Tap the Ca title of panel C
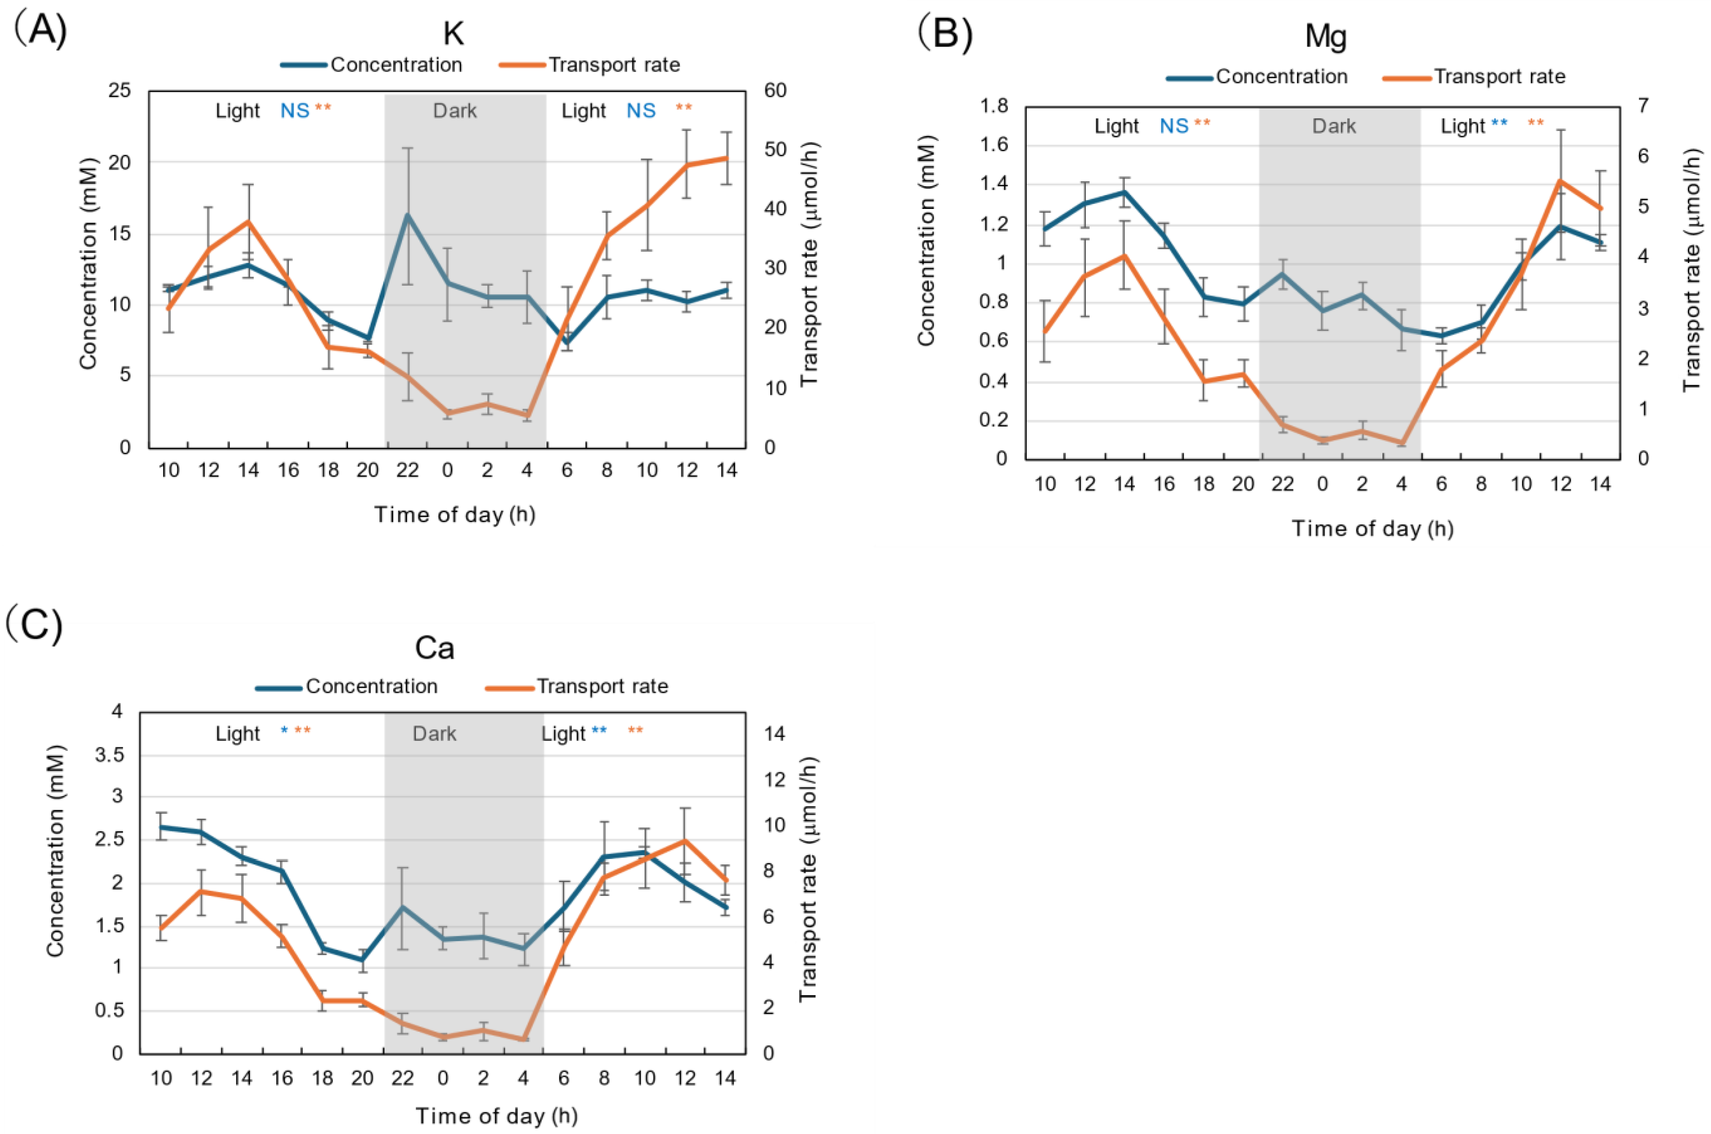[x=434, y=648]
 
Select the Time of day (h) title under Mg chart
[x=1372, y=529]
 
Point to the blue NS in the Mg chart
[x=1173, y=126]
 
